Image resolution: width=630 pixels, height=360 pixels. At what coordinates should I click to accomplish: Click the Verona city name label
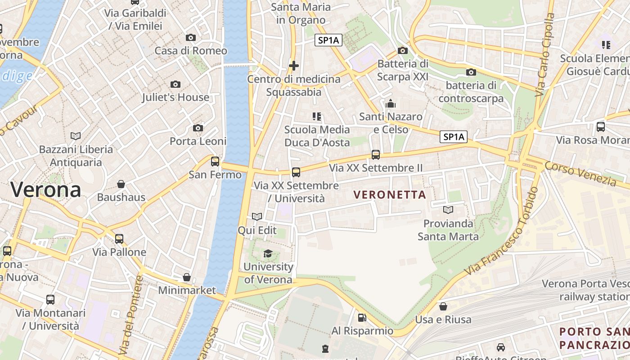(46, 189)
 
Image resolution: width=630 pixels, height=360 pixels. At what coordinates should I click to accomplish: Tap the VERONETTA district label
(390, 195)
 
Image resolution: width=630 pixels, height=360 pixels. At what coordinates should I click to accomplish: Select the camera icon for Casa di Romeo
(191, 38)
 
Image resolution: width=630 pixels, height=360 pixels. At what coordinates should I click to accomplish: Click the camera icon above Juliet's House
(175, 84)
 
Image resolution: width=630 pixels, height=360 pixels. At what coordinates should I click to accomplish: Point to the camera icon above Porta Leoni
(198, 128)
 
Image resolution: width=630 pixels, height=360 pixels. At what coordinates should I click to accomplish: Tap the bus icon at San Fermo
(215, 161)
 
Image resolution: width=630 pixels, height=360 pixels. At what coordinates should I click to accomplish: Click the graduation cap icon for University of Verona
(268, 253)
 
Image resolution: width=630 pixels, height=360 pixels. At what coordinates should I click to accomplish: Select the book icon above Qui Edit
(257, 217)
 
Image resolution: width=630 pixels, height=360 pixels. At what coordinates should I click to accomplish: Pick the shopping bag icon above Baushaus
(121, 184)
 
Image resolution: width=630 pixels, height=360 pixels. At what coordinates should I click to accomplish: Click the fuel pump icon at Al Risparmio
(362, 318)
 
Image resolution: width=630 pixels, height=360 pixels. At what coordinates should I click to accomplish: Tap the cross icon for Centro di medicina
(294, 66)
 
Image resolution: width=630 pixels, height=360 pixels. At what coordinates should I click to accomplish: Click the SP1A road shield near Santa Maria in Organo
(328, 40)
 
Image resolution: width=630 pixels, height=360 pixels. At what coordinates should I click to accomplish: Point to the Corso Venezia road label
(580, 174)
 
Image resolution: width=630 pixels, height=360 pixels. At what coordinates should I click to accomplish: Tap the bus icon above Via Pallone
(119, 239)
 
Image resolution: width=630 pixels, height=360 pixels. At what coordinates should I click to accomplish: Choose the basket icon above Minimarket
(187, 277)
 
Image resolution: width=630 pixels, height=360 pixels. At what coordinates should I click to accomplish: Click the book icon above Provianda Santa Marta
(448, 210)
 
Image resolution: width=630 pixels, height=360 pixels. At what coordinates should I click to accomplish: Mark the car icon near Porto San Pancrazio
(501, 347)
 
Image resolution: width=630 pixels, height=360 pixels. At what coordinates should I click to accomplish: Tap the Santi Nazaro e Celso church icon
(391, 104)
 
